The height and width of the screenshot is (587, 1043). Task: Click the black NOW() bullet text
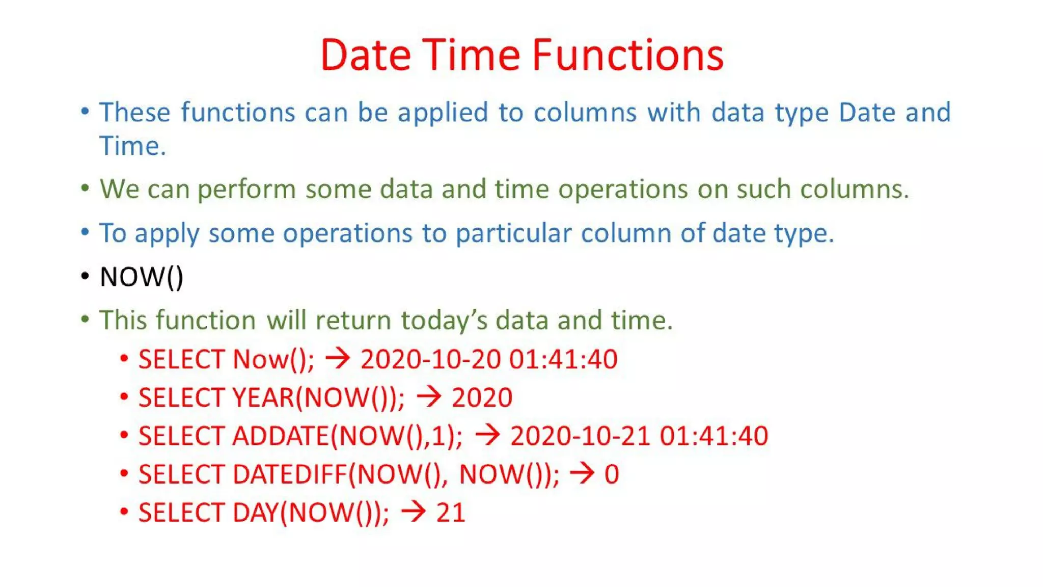click(141, 277)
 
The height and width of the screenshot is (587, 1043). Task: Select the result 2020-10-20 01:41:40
click(489, 359)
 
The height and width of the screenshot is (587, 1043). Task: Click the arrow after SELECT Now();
click(338, 358)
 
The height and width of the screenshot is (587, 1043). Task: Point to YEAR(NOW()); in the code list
click(318, 397)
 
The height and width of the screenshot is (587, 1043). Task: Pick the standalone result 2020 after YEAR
click(482, 397)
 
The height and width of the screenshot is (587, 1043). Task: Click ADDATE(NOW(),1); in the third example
click(347, 436)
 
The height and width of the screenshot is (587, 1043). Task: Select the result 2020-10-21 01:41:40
click(639, 436)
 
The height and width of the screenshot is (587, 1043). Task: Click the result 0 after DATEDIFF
click(612, 474)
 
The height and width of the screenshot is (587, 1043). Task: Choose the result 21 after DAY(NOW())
click(451, 513)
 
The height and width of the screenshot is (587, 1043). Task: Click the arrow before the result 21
click(413, 512)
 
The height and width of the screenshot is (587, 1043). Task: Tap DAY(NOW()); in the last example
click(311, 513)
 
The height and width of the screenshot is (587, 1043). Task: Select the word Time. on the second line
click(132, 146)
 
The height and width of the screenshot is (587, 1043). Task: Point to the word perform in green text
click(246, 190)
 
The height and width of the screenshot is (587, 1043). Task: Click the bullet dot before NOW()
click(85, 277)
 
